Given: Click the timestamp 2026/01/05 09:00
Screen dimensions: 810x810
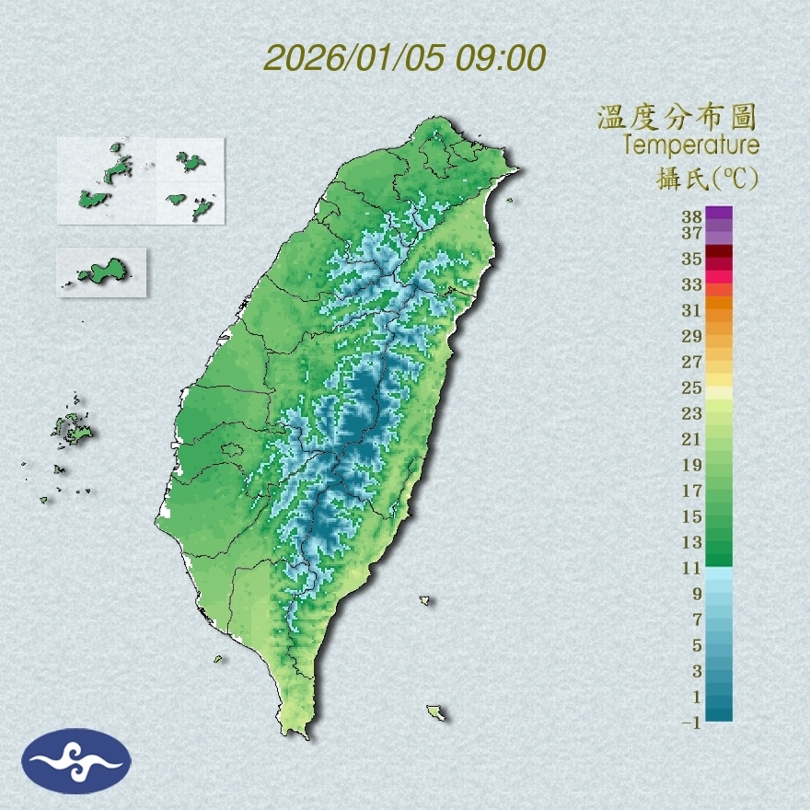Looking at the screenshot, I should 405,58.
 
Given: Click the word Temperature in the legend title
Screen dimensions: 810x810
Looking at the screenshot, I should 690,145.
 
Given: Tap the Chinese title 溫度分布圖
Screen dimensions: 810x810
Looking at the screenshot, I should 677,117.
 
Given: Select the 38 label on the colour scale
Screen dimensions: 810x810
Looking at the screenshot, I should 692,217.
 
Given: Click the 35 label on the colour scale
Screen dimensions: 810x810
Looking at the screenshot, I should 692,259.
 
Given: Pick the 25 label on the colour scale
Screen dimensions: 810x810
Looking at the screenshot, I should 692,388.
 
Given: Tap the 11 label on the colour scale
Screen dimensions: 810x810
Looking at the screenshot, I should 692,568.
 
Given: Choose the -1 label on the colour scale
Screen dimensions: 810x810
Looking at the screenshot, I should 691,723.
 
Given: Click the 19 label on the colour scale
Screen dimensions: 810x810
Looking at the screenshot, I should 692,465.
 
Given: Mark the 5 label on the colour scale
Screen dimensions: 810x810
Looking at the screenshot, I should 697,645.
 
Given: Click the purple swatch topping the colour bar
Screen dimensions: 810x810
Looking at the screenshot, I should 720,213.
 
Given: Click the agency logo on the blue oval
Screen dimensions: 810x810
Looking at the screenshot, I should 76,761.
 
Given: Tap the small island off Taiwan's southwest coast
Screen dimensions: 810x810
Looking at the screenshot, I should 219,658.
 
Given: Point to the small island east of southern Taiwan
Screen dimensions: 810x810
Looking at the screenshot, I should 424,601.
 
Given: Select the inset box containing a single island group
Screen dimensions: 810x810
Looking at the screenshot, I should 101,272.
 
